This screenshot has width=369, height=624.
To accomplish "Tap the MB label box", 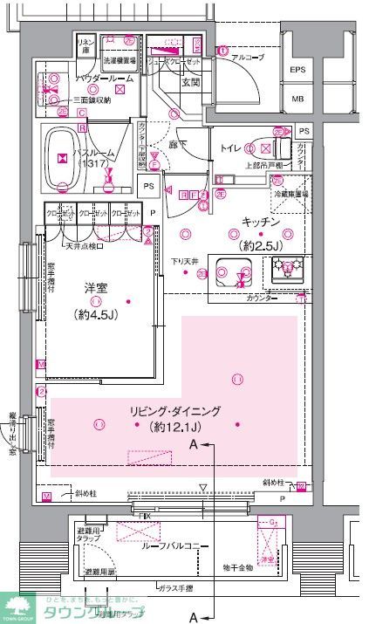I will (x=297, y=99).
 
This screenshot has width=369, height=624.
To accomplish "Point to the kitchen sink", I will (x=235, y=273).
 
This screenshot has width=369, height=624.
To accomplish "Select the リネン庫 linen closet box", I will (x=85, y=47).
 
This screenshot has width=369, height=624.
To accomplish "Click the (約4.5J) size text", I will (x=94, y=314).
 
